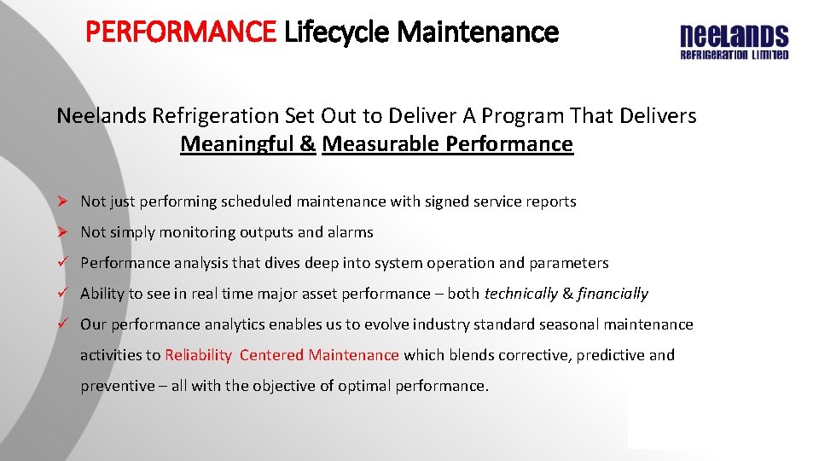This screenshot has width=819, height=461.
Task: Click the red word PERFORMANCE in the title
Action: tap(181, 32)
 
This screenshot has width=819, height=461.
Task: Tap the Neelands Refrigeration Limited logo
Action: tap(734, 42)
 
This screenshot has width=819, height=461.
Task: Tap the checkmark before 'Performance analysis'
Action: tap(62, 263)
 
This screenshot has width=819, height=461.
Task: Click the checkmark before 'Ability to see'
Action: tap(62, 294)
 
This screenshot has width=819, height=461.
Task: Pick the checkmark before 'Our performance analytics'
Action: tap(62, 324)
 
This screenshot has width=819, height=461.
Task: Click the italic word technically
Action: tap(520, 294)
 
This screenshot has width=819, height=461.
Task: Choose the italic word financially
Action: tap(613, 294)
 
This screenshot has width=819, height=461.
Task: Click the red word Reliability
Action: tap(198, 355)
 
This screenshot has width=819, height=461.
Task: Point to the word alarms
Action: tap(350, 232)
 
